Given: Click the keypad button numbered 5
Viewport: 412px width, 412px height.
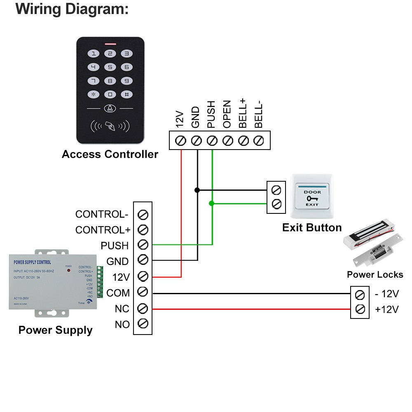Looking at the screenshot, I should point(110,67).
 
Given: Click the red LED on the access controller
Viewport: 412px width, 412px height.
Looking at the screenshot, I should point(110,43).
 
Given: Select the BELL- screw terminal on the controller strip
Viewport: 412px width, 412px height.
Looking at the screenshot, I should point(258,140).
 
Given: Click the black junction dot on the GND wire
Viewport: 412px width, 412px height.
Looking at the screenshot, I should point(197,190).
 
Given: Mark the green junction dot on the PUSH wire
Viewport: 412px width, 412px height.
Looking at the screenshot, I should point(212,203).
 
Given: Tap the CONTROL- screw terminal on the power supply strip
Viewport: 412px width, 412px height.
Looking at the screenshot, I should point(143,215).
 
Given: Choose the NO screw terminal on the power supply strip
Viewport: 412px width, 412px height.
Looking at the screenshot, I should point(143,323).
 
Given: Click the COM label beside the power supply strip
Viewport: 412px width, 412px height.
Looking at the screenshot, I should point(118,293).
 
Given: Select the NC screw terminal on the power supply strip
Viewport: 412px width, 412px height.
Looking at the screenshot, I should point(143,308).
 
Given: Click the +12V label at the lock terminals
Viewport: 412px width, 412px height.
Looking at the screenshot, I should point(386,309).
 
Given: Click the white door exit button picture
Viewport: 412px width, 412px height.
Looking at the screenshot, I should point(312,196).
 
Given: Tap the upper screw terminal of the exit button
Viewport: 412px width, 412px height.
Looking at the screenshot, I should point(276,190).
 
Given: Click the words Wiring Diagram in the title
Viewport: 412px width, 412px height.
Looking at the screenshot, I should point(72,9).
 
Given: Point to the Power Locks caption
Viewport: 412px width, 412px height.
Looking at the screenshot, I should point(375,274).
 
